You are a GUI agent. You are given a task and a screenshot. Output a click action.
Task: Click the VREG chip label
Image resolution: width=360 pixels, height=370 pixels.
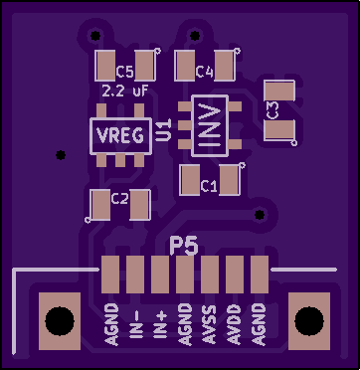(120, 135)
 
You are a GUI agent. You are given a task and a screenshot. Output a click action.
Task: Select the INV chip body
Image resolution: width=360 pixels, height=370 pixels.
(210, 125)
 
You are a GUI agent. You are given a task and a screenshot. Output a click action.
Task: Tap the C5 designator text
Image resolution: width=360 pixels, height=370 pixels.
(124, 72)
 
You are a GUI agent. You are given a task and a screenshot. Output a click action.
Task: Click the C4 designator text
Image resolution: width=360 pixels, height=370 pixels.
(204, 72)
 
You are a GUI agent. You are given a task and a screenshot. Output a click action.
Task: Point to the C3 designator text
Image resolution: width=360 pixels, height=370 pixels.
(272, 110)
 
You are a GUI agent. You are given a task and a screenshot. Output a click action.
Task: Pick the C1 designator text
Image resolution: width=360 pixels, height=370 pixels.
(209, 186)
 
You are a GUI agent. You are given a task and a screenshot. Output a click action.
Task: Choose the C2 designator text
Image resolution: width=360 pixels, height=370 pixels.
(119, 199)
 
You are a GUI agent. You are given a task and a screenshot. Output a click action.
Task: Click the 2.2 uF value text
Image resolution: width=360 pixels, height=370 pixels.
(124, 92)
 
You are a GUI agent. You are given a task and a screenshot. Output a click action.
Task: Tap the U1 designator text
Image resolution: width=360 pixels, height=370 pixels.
(164, 130)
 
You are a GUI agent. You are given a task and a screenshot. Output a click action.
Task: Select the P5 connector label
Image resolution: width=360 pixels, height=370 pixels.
(184, 246)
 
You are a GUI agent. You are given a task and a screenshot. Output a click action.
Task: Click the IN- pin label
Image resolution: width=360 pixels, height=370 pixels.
(135, 325)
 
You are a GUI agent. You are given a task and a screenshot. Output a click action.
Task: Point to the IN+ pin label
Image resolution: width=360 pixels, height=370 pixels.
(160, 325)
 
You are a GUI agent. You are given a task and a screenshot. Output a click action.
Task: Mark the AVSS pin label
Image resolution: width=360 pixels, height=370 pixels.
(209, 324)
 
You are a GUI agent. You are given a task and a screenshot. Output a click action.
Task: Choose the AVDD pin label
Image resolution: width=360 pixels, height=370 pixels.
(234, 324)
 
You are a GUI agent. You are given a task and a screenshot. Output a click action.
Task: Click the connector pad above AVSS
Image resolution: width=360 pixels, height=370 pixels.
(210, 275)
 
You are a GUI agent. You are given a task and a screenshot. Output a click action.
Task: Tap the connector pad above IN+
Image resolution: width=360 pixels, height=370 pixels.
(160, 275)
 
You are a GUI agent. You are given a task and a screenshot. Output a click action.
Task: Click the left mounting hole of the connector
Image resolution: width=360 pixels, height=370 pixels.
(60, 321)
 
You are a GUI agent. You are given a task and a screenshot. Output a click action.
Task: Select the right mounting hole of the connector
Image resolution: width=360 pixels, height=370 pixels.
(309, 321)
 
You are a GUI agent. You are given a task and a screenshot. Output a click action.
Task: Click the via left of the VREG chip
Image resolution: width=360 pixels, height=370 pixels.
(61, 155)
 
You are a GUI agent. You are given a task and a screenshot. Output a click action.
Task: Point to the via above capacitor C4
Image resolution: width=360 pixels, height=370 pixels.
(195, 36)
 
